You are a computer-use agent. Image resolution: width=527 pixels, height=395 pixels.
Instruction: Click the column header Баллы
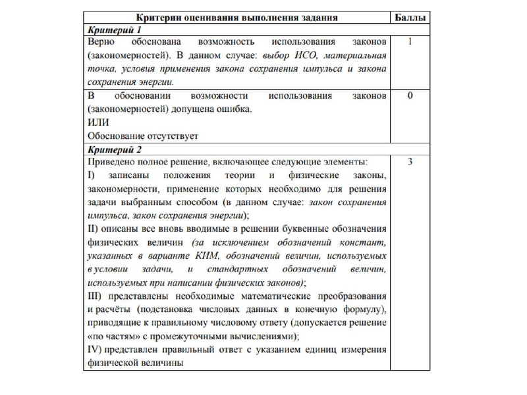413,15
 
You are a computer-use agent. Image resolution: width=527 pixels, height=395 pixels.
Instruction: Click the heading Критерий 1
112,30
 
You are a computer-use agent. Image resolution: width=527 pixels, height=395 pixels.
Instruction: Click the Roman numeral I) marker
92,176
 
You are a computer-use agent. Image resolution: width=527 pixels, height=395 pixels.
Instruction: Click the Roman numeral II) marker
93,230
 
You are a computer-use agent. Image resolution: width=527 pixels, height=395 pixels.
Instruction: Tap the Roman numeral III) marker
95,296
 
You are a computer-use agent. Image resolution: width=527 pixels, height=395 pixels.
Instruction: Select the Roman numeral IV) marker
95,350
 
